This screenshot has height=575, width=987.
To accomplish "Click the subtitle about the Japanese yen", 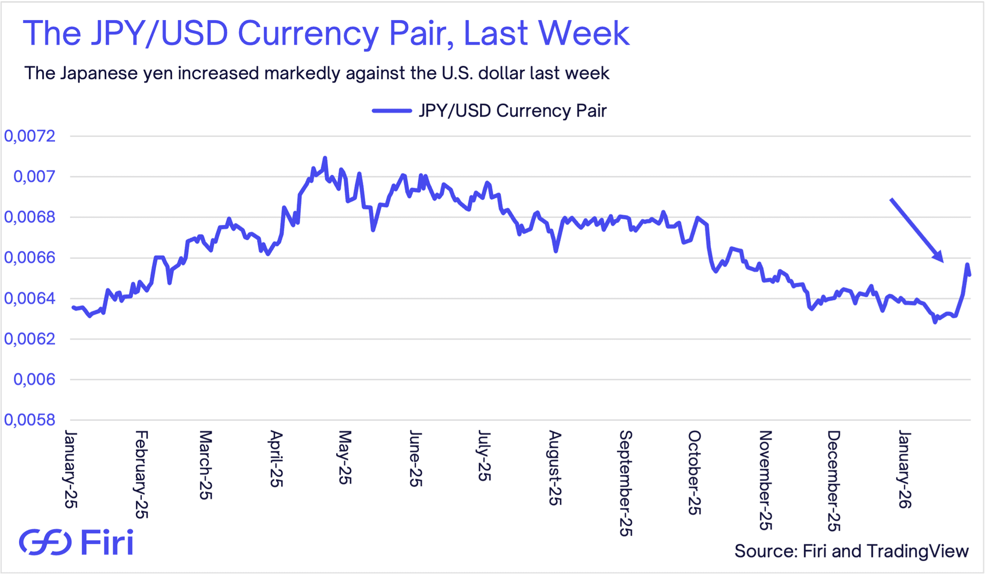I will click(317, 73).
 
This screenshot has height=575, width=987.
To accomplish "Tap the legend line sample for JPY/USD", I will click(392, 111).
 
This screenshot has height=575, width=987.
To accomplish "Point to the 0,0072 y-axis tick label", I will click(30, 136).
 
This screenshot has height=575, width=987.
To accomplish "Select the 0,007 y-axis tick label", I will click(34, 177).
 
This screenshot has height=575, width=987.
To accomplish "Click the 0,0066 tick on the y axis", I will click(30, 258).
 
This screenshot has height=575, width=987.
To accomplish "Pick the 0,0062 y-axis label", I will click(30, 339).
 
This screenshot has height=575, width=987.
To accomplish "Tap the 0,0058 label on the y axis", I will click(30, 420).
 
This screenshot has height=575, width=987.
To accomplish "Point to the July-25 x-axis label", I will click(484, 456).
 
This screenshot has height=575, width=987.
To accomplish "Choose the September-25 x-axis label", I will click(625, 483).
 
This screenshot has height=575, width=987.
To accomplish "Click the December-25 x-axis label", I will click(833, 481).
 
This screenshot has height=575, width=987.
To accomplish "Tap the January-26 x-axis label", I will click(904, 470).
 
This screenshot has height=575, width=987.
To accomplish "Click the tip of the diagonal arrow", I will click(943, 261).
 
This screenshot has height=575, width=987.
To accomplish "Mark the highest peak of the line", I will click(325, 158).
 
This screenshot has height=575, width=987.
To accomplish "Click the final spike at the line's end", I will click(967, 265).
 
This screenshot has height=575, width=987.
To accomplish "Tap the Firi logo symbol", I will click(45, 542).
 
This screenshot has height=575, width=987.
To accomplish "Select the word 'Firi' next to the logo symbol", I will click(107, 542).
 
